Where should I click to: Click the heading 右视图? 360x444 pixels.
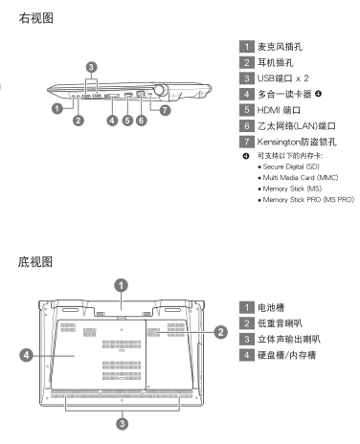[35, 18]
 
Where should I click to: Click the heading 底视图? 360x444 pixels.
[35, 262]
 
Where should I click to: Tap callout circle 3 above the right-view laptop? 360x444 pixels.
[92, 67]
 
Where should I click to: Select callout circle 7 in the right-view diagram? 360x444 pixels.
[165, 110]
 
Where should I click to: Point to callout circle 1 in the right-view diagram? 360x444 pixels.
[57, 108]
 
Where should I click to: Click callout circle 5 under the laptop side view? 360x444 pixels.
[127, 121]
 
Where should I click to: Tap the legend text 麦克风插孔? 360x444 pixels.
[280, 47]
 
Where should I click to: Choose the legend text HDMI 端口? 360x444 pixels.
[279, 110]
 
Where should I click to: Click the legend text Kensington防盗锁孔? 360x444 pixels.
[297, 142]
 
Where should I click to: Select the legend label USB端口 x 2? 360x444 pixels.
[283, 78]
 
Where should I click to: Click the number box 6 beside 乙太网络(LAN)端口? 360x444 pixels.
[247, 126]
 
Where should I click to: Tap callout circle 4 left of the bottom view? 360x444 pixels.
[27, 355]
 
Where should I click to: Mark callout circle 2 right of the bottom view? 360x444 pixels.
[221, 332]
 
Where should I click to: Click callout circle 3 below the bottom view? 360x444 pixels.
[122, 424]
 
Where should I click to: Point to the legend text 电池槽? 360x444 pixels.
[271, 308]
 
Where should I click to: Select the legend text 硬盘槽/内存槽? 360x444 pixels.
[287, 355]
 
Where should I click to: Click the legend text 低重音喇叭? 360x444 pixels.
[280, 323]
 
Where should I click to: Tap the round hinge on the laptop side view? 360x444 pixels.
[160, 90]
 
